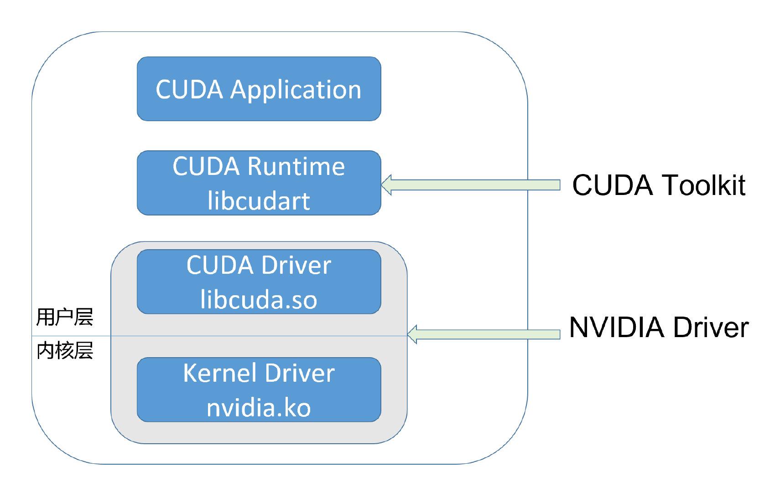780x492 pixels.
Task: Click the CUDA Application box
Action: pos(259,89)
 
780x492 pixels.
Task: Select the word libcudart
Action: pos(259,201)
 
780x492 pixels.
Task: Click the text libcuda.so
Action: pos(259,300)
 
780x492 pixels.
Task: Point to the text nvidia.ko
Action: pos(259,407)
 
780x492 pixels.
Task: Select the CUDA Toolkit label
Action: pos(658,185)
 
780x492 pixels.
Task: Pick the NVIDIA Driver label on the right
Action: pos(658,327)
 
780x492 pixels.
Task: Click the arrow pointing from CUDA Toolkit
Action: pos(474,184)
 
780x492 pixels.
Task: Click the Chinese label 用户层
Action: pos(65,317)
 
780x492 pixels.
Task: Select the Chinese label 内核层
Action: pos(65,351)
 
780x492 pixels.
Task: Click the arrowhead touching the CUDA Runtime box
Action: pos(387,184)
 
